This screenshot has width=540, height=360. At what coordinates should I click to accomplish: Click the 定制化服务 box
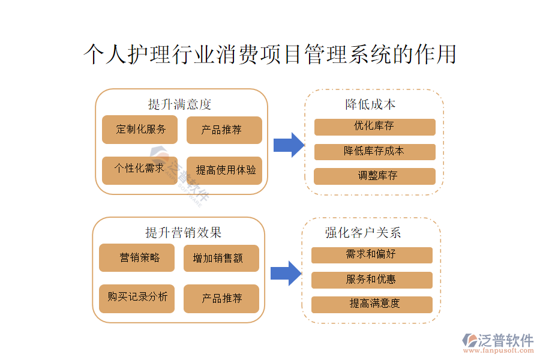pyautogui.click(x=140, y=130)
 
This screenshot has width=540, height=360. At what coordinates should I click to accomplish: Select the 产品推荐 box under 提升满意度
pyautogui.click(x=224, y=130)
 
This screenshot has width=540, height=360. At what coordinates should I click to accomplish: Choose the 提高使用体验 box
pyautogui.click(x=224, y=170)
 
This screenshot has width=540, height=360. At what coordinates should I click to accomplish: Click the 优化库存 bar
pyautogui.click(x=374, y=127)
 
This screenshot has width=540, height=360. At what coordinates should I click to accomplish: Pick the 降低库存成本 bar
pyautogui.click(x=374, y=152)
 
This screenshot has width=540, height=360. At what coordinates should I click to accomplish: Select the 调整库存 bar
pyautogui.click(x=374, y=176)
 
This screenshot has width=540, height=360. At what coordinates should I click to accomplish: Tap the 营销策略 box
pyautogui.click(x=137, y=258)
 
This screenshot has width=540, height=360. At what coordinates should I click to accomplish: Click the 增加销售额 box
pyautogui.click(x=221, y=259)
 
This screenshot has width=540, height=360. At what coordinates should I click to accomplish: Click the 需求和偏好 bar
pyautogui.click(x=371, y=255)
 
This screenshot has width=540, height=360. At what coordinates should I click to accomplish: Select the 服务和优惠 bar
pyautogui.click(x=371, y=280)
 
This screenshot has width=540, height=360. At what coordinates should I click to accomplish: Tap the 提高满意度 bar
pyautogui.click(x=371, y=304)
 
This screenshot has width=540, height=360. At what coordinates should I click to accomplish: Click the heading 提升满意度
pyautogui.click(x=180, y=104)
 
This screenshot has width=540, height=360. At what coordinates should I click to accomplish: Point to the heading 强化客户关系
pyautogui.click(x=363, y=233)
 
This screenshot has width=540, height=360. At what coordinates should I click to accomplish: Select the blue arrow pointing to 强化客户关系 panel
pyautogui.click(x=286, y=273)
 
